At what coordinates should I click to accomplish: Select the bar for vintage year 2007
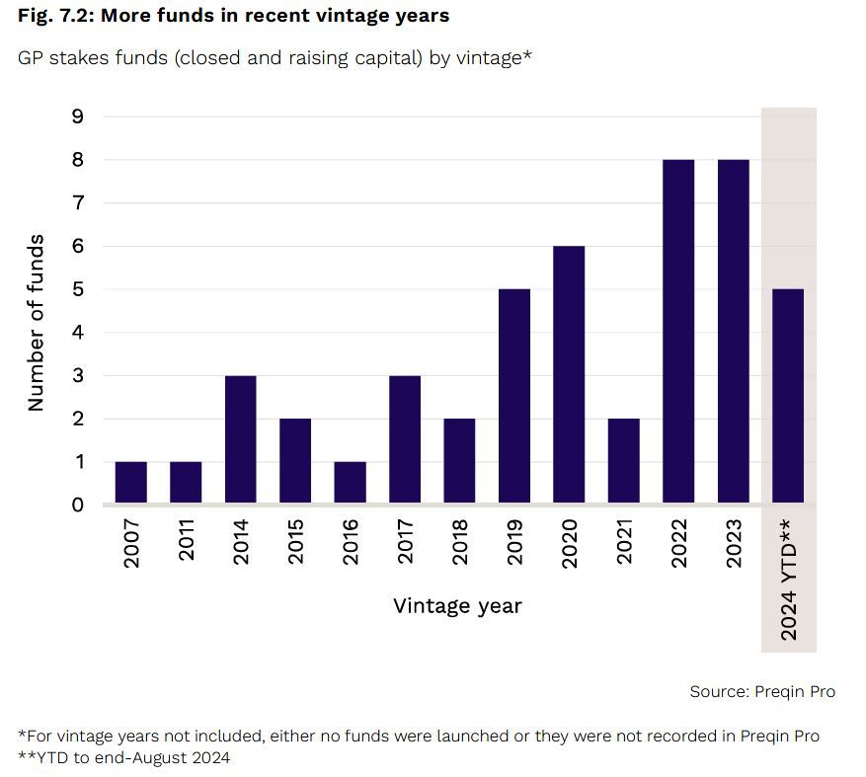click(131, 483)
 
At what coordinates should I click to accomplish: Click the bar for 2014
click(241, 440)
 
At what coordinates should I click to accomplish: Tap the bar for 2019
click(514, 397)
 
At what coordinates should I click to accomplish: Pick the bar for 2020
click(569, 375)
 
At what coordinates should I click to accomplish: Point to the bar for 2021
click(624, 461)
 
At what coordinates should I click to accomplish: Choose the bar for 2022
click(678, 332)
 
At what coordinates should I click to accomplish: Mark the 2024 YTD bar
click(788, 397)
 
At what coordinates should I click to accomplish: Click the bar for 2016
click(351, 483)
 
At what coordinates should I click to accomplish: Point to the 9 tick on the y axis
click(79, 117)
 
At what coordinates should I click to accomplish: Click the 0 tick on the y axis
click(79, 505)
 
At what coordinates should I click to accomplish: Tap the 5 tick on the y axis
click(79, 289)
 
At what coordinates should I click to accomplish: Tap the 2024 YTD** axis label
click(789, 577)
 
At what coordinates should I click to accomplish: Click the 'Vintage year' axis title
click(457, 605)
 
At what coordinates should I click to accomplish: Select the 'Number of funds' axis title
click(36, 322)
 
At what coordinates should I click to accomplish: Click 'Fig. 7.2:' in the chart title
click(55, 16)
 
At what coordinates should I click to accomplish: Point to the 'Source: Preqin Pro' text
click(762, 691)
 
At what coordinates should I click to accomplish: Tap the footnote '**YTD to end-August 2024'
click(124, 757)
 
